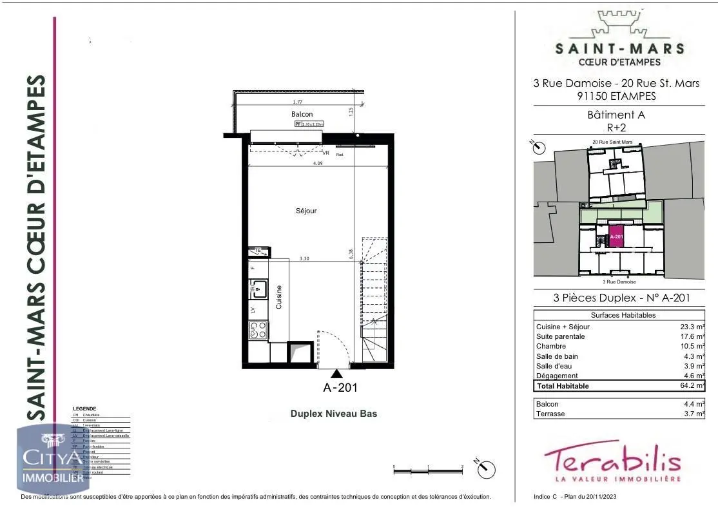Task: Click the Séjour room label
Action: click(x=307, y=211)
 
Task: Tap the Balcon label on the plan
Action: click(x=302, y=114)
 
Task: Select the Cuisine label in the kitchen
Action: click(x=280, y=297)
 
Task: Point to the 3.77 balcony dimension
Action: click(x=297, y=102)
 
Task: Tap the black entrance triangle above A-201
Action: click(x=336, y=374)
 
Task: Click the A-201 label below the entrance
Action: click(x=340, y=388)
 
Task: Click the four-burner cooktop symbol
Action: click(x=258, y=331)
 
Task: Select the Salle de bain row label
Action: click(x=557, y=356)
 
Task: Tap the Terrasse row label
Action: click(x=550, y=414)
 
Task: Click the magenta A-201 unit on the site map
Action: click(x=616, y=236)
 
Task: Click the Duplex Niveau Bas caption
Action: click(x=334, y=414)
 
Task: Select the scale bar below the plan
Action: click(x=428, y=472)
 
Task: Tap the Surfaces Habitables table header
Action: click(x=623, y=315)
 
